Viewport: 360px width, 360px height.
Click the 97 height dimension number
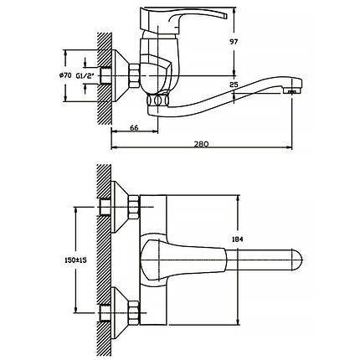(234, 42)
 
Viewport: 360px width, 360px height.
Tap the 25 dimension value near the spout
(234, 85)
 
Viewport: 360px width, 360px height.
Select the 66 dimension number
(134, 128)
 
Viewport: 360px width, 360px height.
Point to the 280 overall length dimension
(202, 144)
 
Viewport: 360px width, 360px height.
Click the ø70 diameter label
(65, 75)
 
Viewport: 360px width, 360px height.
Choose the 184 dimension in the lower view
(238, 239)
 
